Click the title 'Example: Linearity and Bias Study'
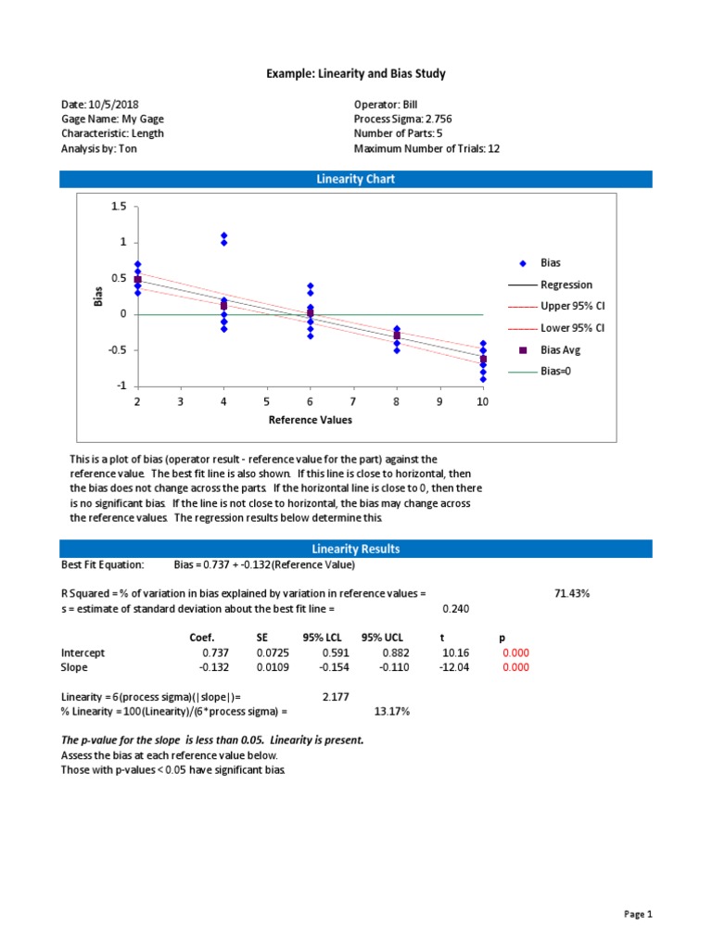click(x=356, y=73)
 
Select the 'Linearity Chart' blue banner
click(x=356, y=179)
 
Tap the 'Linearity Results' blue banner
click(x=356, y=549)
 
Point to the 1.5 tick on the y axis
click(x=118, y=207)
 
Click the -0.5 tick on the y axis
click(x=115, y=350)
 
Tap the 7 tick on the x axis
click(x=353, y=401)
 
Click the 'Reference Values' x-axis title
click(x=310, y=420)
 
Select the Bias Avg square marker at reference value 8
click(x=397, y=335)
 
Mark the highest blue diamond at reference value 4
click(x=223, y=235)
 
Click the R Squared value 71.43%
click(x=572, y=593)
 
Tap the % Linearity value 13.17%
click(x=391, y=711)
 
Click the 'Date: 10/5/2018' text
click(x=100, y=105)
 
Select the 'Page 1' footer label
click(x=638, y=915)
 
